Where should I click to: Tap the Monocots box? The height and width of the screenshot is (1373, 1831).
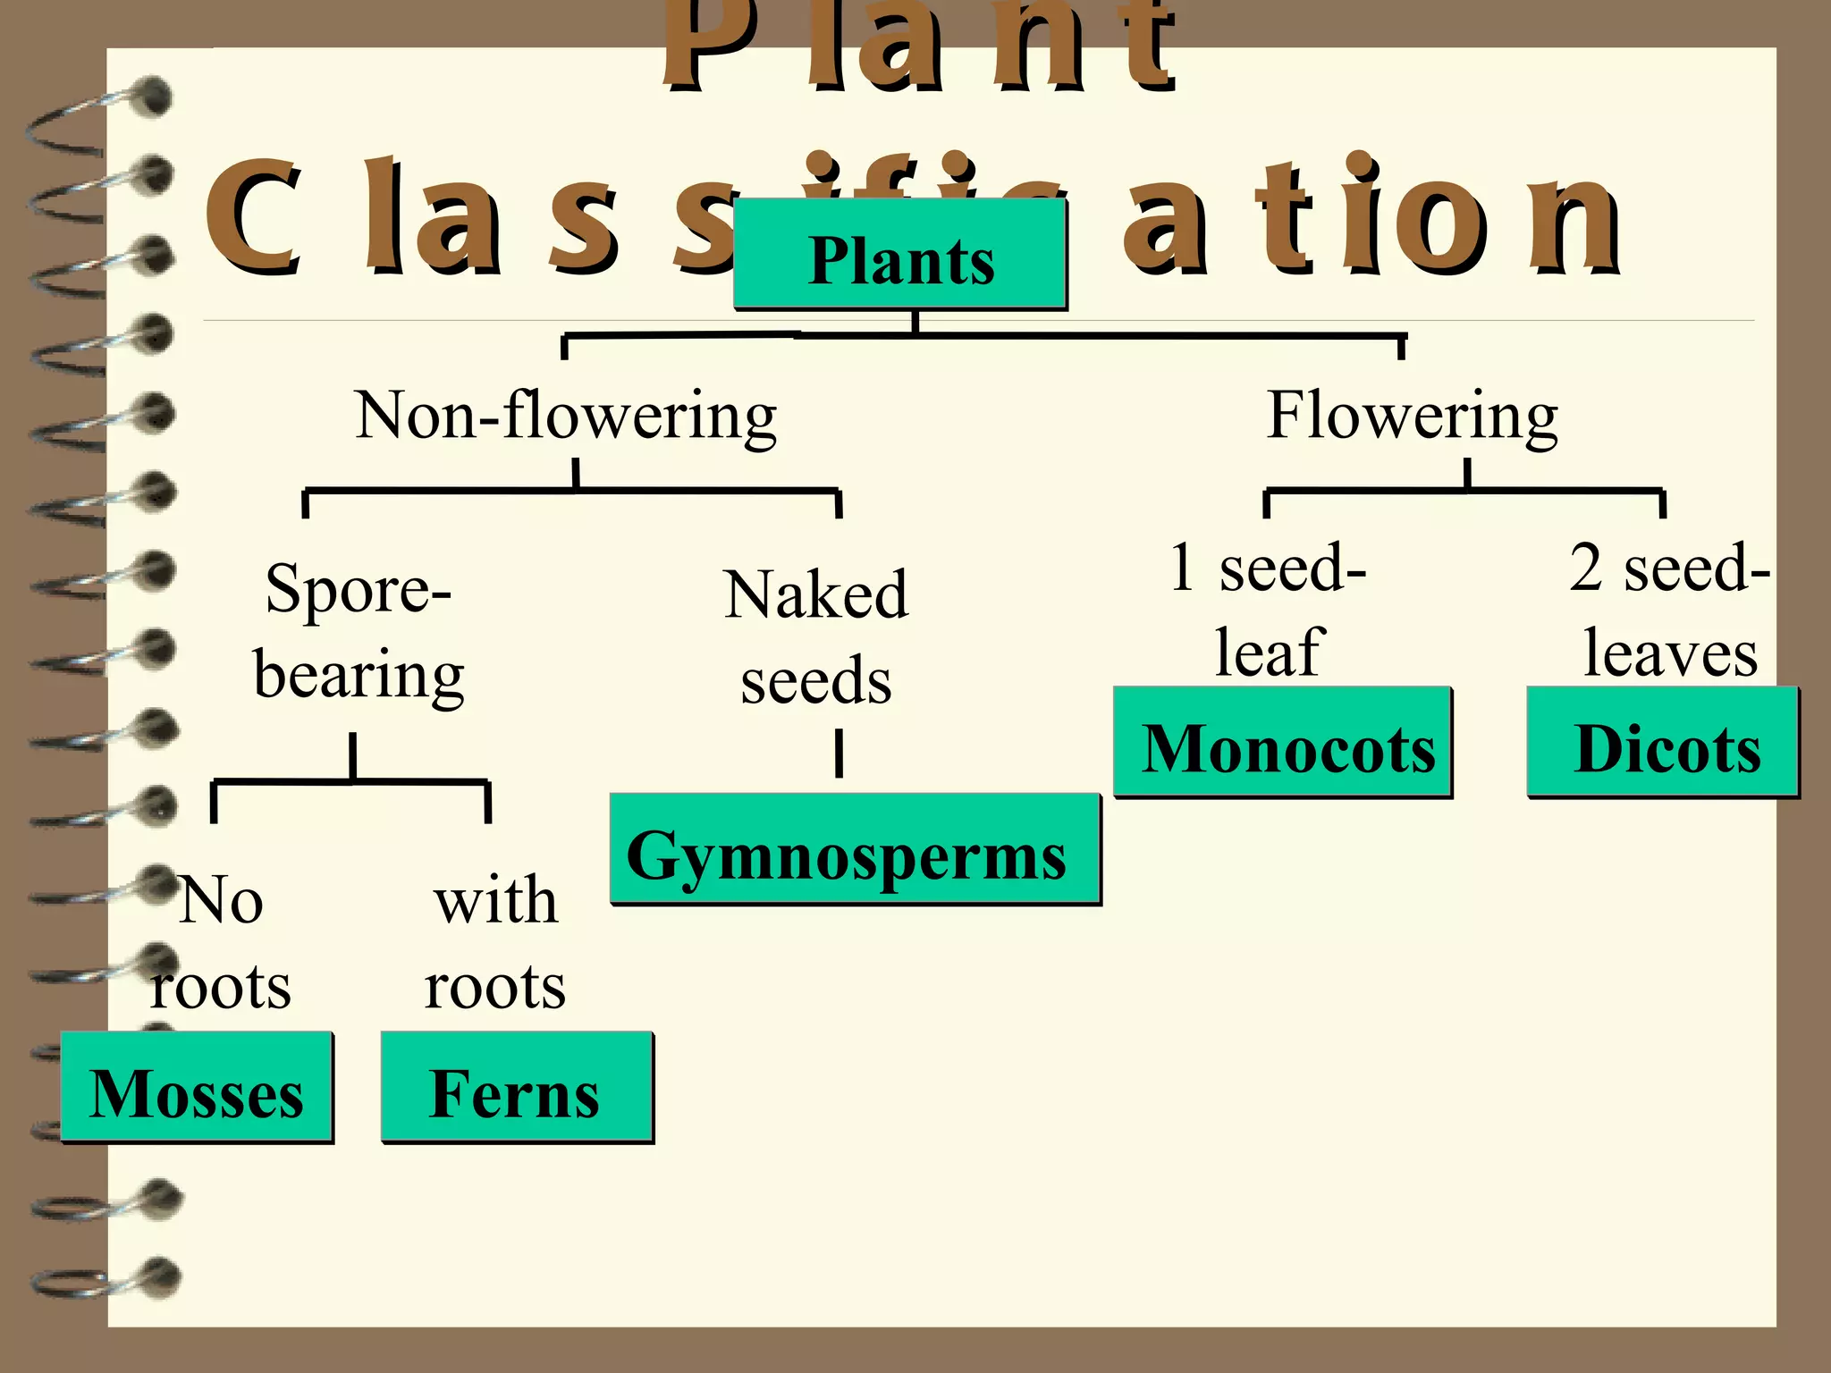click(1283, 743)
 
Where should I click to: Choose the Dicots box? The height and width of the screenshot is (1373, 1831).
click(1663, 743)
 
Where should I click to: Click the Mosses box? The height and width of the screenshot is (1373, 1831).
click(197, 1088)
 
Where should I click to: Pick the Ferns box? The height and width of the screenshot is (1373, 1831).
click(517, 1088)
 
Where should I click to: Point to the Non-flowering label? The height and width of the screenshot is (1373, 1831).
click(566, 417)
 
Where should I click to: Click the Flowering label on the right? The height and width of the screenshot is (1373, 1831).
click(1413, 417)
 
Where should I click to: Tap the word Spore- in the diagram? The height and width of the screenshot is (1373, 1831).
click(359, 591)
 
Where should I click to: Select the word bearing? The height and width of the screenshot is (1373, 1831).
click(359, 676)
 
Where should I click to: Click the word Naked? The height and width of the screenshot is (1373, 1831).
click(815, 594)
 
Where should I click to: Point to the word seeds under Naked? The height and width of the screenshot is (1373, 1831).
click(815, 681)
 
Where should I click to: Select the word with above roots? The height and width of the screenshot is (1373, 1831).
click(495, 900)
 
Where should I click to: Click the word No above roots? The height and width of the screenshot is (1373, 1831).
click(221, 900)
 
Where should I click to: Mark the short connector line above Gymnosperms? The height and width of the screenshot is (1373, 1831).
click(839, 754)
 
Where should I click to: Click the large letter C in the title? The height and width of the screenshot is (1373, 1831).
click(252, 216)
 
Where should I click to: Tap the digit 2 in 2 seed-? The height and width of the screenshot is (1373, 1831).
click(1586, 567)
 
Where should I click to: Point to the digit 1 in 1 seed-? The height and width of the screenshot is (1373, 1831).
click(1182, 567)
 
